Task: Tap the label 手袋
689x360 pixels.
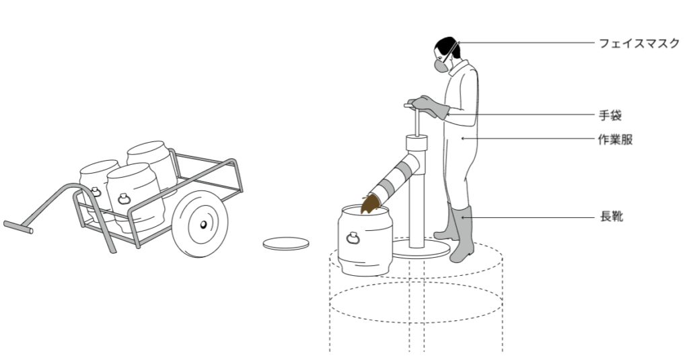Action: coord(610,114)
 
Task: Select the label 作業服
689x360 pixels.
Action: coord(616,139)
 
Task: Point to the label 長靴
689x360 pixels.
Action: coord(610,217)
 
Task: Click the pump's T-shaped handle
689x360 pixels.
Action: coord(411,104)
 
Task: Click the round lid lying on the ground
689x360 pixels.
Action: coord(286,244)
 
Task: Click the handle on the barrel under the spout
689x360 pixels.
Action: coord(353,237)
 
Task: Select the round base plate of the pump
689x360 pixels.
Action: coord(421,251)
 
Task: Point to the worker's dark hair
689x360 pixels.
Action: coord(443,48)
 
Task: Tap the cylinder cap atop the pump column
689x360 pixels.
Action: coord(416,143)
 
